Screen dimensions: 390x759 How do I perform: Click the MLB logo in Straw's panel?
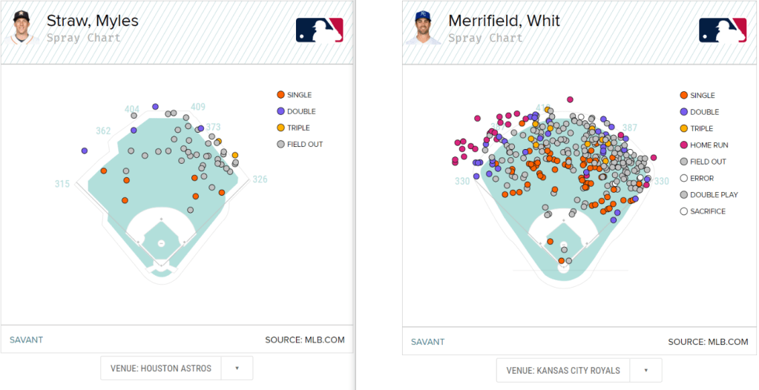click(320, 30)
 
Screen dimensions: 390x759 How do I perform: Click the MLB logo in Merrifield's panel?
click(722, 30)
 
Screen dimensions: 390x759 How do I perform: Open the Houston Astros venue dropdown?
click(177, 368)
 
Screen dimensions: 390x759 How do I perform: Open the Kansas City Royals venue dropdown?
click(579, 370)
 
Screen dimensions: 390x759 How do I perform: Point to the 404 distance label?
click(132, 110)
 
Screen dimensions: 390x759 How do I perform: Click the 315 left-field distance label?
click(62, 184)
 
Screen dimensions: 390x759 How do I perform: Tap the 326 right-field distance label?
click(260, 179)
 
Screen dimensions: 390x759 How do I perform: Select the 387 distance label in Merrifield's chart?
click(629, 128)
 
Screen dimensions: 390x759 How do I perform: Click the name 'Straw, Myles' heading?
click(92, 21)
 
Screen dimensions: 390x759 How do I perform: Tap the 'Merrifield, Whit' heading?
click(504, 21)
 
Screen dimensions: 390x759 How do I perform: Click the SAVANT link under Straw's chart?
click(26, 340)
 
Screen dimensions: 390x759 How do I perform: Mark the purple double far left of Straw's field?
click(85, 151)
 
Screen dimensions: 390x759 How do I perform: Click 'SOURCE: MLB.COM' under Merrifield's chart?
click(708, 342)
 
